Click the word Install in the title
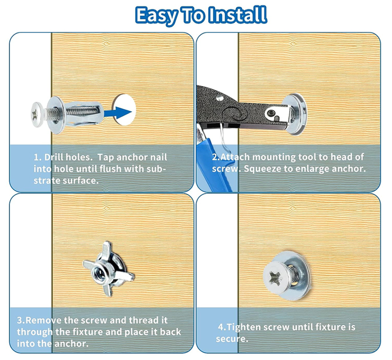pyautogui.click(x=237, y=15)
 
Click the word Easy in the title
pyautogui.click(x=157, y=16)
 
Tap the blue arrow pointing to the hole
pyautogui.click(x=118, y=112)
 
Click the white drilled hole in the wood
pyautogui.click(x=124, y=110)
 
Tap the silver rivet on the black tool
pyautogui.click(x=220, y=98)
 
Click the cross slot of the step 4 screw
pyautogui.click(x=275, y=279)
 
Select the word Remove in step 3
pyautogui.click(x=43, y=320)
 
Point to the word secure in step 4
pyautogui.click(x=232, y=339)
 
